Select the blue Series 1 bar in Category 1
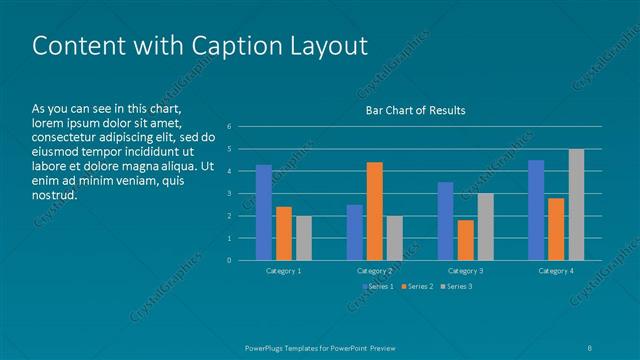[264, 212]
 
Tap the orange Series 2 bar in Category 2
[374, 211]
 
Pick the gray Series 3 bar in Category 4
[576, 205]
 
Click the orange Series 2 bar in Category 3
[465, 240]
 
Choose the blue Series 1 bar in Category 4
[536, 210]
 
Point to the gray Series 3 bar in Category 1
[304, 238]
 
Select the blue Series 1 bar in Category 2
[354, 232]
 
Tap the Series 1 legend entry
[378, 287]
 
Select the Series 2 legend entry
[416, 287]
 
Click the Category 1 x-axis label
[284, 271]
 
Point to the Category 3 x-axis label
[465, 271]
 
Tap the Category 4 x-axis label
[556, 271]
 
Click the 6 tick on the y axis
[229, 127]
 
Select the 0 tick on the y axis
[229, 260]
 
